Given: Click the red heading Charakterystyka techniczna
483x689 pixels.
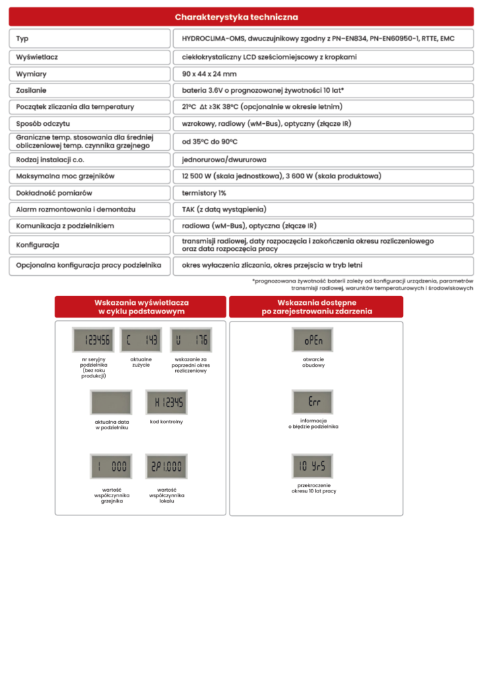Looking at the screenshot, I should pos(236,17).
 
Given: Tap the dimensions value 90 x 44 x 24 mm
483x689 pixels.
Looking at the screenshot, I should pos(210,73).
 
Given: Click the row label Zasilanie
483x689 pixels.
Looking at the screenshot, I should pos(31,89).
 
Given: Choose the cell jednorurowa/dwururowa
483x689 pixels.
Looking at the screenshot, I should pos(224,159).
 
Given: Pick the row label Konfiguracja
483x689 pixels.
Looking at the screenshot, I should pos(38,245).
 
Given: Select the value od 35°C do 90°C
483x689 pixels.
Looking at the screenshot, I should pos(210,142).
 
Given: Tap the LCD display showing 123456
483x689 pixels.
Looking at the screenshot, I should pos(93,340).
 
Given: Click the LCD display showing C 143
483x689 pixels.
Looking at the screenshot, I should pos(141,340).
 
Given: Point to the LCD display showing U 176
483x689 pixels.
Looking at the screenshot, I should pos(191,340).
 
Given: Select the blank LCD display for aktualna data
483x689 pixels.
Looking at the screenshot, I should pos(110,402).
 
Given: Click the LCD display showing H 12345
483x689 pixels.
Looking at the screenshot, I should pos(166,402).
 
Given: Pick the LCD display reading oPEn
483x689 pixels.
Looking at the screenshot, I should pos(313,340).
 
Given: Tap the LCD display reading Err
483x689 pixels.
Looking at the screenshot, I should pos(313,402).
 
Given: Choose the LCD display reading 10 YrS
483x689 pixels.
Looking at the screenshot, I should pos(313,466).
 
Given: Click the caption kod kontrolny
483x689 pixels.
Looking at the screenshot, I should pos(166,422).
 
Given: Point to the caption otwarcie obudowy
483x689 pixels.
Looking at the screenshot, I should pos(313,363).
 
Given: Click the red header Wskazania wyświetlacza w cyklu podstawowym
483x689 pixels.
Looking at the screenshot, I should pos(141,307).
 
